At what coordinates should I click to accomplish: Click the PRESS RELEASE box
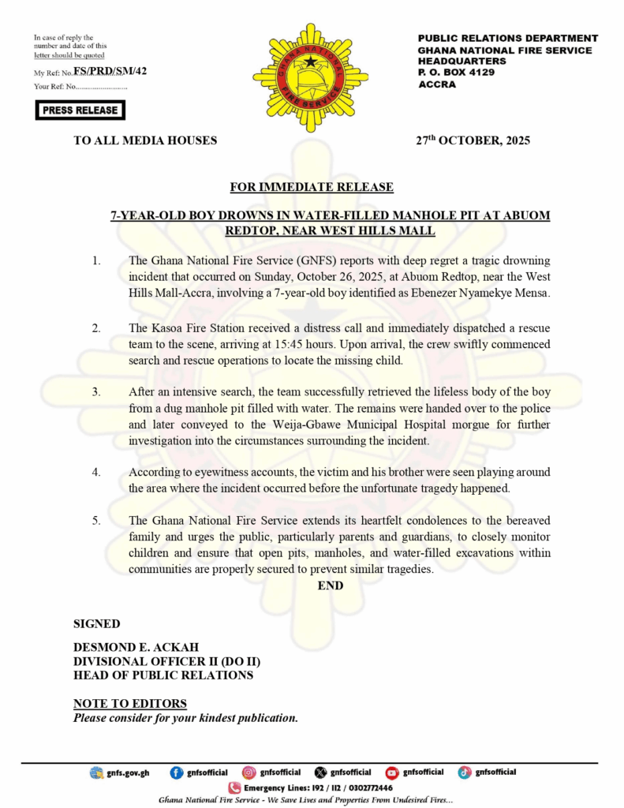tap(80, 110)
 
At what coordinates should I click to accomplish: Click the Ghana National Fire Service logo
tap(310, 67)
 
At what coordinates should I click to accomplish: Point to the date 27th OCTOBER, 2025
tap(473, 141)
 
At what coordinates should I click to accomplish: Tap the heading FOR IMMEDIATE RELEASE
tap(312, 187)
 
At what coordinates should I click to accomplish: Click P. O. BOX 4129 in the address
tap(456, 73)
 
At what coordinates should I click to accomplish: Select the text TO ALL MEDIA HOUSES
tap(145, 141)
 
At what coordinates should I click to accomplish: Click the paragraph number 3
tap(97, 391)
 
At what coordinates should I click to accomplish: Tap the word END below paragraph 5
tap(331, 586)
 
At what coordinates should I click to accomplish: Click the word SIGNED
tap(97, 624)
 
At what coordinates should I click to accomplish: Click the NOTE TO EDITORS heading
tap(130, 704)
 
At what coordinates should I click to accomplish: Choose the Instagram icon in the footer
tap(248, 772)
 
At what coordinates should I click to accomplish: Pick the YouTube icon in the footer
tap(392, 772)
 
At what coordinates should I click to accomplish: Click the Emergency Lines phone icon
tap(234, 787)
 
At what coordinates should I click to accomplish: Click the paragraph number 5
tap(97, 521)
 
